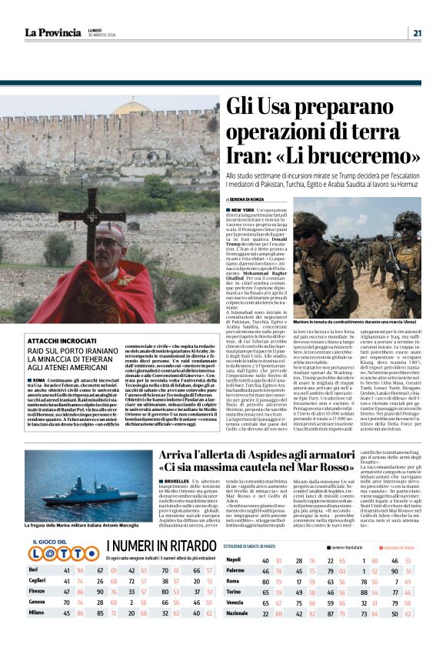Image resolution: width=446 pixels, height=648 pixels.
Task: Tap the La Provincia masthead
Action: (x=52, y=32)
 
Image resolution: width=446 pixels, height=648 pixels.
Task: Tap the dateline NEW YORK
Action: (x=245, y=210)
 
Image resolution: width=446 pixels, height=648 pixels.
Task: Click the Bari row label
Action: (x=35, y=570)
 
